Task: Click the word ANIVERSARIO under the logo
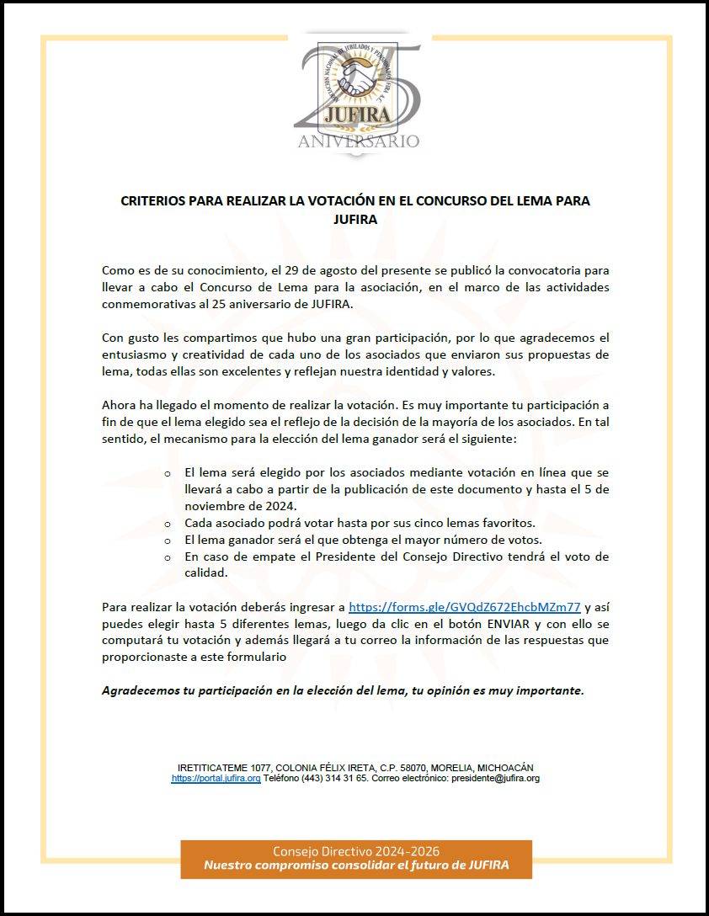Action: (x=358, y=141)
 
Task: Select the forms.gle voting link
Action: (x=465, y=606)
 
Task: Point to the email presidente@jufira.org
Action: (x=495, y=779)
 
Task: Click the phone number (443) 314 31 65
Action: (x=337, y=779)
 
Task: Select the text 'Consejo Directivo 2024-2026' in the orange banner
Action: (x=356, y=852)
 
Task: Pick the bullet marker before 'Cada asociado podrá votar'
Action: (x=168, y=524)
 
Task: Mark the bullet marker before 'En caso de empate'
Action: (x=168, y=557)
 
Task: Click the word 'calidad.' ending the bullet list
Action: (x=203, y=572)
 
